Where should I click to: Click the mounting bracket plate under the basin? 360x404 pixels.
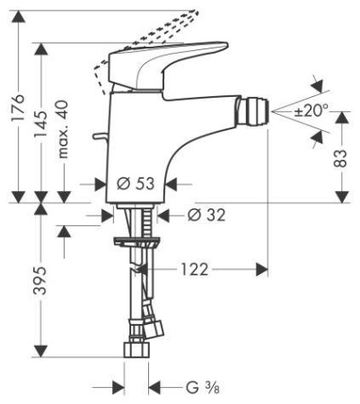pos(136,241)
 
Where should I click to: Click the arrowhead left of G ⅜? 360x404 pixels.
pos(117,388)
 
